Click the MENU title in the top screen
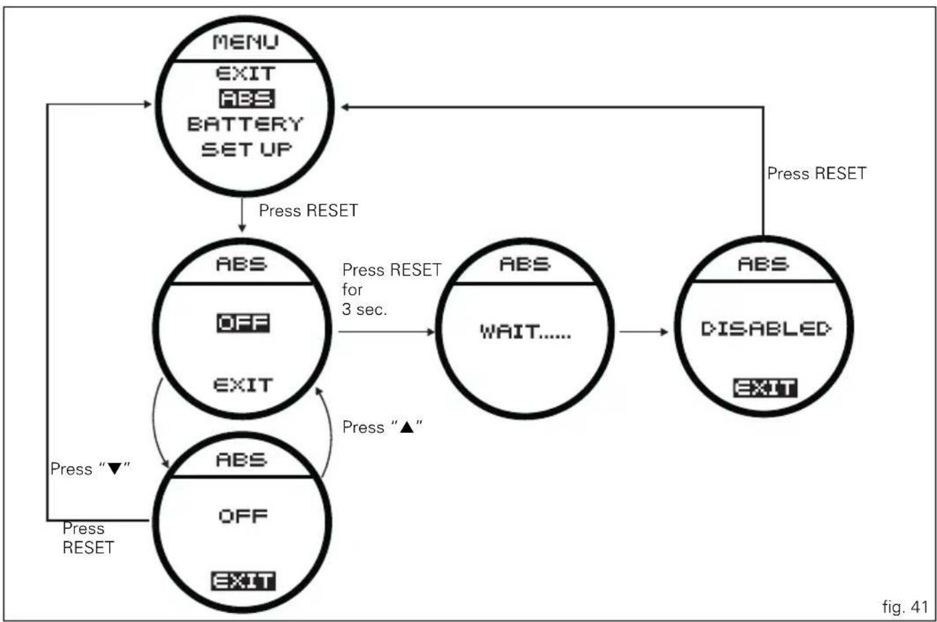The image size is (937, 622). [246, 42]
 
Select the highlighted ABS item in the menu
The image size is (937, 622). [247, 99]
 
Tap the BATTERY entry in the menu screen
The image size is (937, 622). [245, 124]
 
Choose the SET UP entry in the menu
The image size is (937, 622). [246, 149]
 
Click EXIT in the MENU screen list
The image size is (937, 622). [246, 74]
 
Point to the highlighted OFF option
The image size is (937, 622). [243, 323]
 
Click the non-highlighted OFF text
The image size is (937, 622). [243, 516]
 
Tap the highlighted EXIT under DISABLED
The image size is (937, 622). [765, 388]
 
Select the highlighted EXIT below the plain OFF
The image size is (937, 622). [243, 581]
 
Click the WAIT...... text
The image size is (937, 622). [526, 332]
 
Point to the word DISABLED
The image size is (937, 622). [766, 329]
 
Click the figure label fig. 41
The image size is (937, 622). [905, 607]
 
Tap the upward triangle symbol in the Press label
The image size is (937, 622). [407, 428]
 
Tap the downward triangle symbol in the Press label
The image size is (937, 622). [114, 469]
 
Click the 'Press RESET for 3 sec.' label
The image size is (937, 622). [392, 289]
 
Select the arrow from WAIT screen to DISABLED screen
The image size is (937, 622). [644, 332]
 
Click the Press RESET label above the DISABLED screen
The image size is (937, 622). [816, 173]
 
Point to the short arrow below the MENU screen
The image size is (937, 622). [242, 215]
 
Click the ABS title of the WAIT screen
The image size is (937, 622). [525, 264]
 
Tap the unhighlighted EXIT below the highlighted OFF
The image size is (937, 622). [243, 385]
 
